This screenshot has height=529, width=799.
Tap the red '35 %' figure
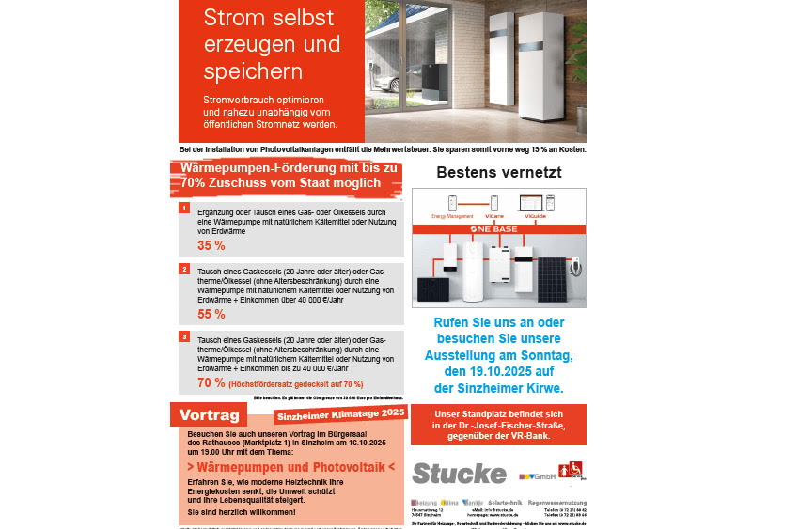tap(211, 245)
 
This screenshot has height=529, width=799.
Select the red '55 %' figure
tap(211, 314)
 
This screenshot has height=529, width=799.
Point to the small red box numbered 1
tap(185, 208)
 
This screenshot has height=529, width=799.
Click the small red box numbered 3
tap(185, 336)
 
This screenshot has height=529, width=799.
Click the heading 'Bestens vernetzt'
tap(499, 172)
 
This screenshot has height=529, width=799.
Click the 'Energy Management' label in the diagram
tap(452, 215)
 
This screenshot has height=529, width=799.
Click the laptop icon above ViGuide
tap(532, 202)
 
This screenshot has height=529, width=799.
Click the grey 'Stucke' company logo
tap(459, 472)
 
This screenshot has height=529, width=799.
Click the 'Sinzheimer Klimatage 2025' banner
tap(339, 413)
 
